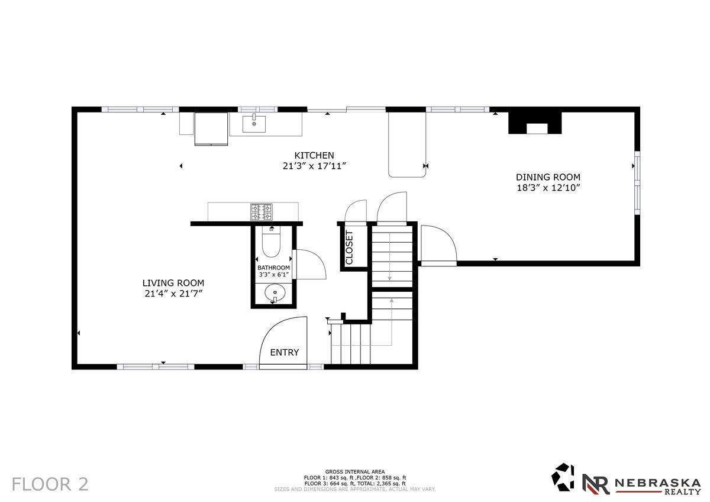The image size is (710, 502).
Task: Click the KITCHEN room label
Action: pos(314,155)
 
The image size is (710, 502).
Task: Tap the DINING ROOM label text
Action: pos(548,177)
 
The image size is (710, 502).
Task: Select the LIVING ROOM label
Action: pos(173,283)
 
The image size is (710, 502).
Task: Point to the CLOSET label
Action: pos(349,247)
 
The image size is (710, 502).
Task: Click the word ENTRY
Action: pos(285,352)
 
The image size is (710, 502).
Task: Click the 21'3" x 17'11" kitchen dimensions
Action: pos(314,166)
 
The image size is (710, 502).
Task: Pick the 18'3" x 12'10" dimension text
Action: pos(548,188)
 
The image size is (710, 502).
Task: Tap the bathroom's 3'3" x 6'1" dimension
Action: pos(273,275)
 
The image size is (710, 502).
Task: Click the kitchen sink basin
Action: pos(254,124)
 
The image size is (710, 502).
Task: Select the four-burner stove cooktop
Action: pos(262,212)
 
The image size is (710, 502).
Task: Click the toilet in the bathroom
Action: pos(272,242)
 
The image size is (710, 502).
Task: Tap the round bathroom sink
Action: pos(275,292)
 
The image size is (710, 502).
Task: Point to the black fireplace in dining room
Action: pos(535,123)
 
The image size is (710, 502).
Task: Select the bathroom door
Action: pos(309,264)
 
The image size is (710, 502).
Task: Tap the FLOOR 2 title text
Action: pos(50,484)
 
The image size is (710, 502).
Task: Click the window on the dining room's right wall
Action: pos(637,183)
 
